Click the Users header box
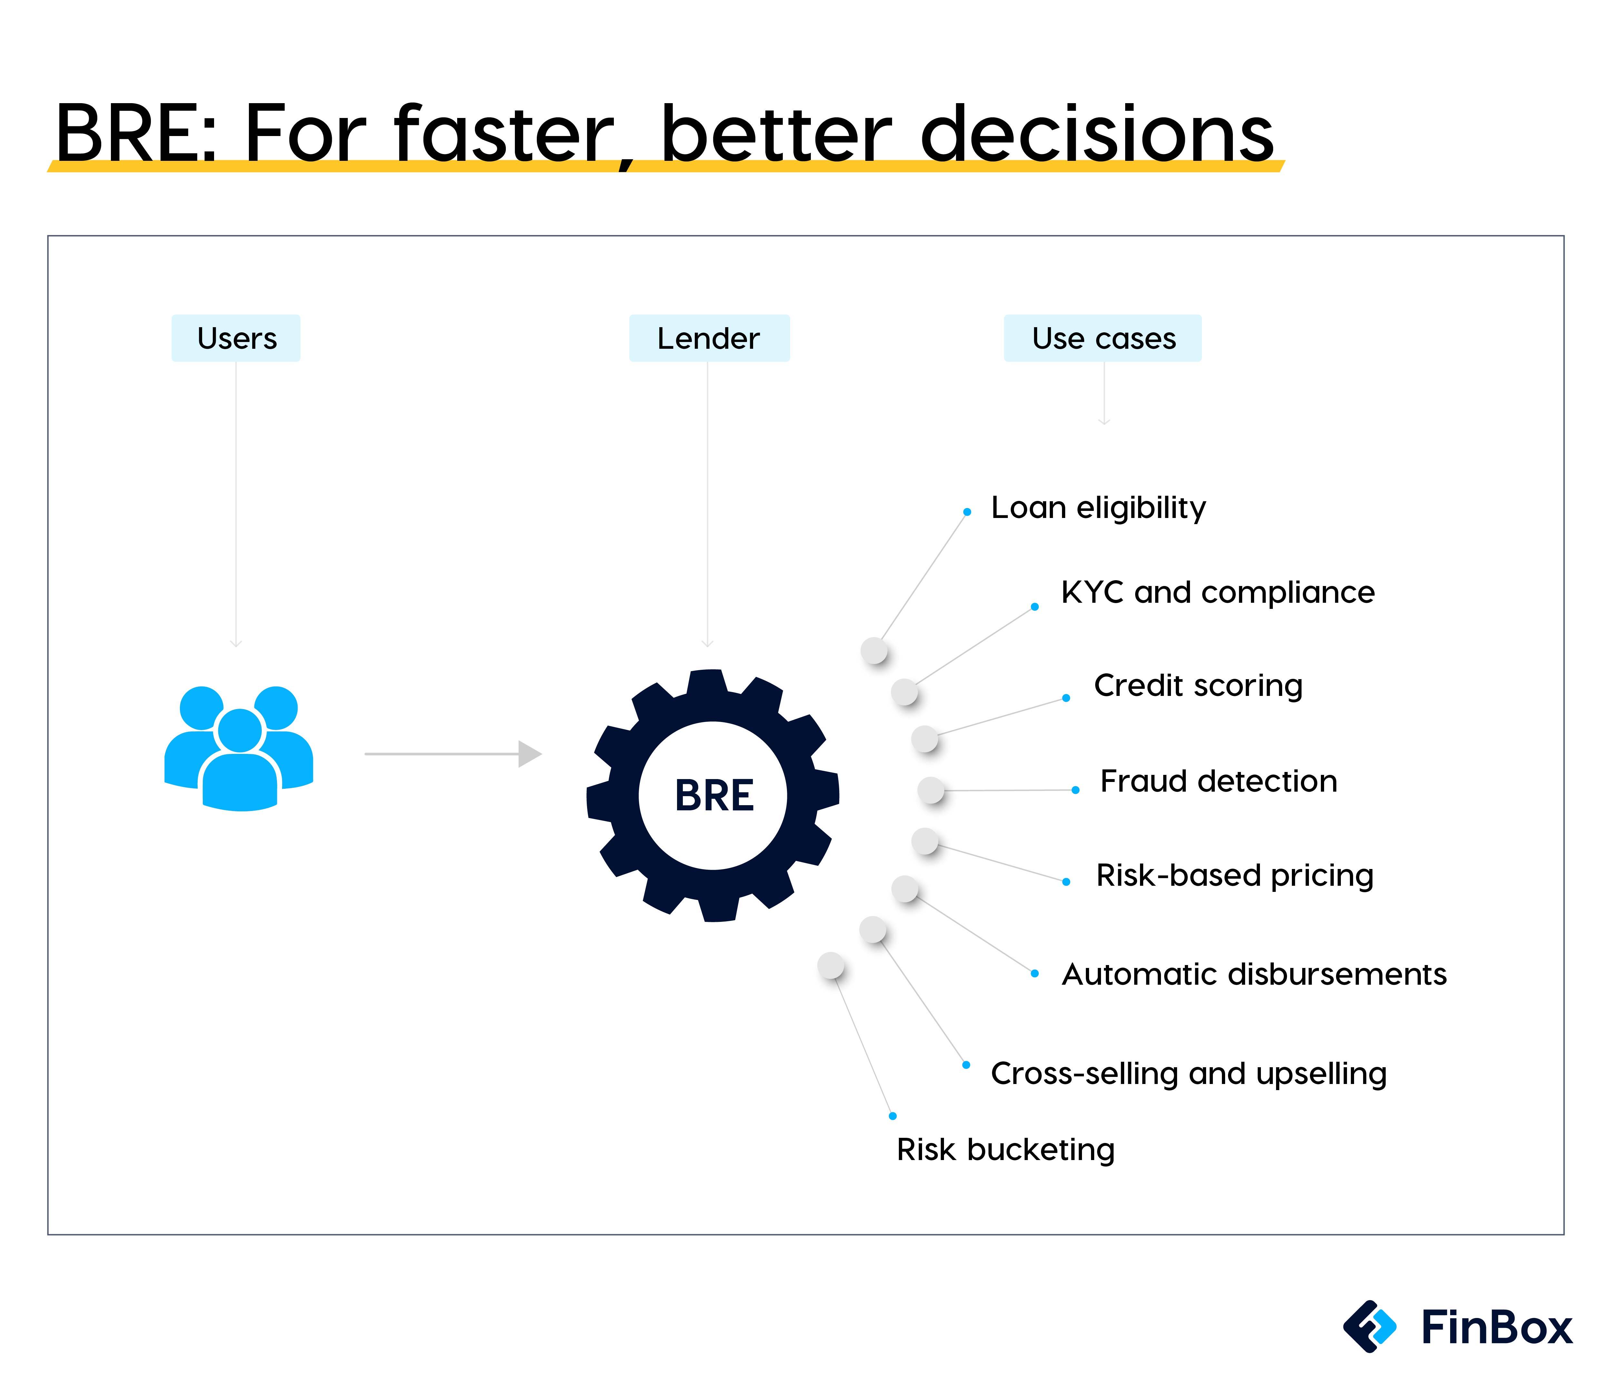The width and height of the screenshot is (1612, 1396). pos(236,338)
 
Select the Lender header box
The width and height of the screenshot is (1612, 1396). pos(709,338)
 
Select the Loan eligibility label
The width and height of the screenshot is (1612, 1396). pos(1098,508)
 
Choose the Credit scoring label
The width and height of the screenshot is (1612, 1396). pos(1197,686)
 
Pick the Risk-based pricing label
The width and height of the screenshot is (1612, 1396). pos(1234,876)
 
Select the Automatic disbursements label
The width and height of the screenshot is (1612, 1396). pos(1253,974)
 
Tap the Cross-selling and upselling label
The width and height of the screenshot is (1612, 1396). pos(1188,1073)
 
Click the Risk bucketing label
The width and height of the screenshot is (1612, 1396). pos(1005,1150)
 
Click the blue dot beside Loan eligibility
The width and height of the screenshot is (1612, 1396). pos(967,512)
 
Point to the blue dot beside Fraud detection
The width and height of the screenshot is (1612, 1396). pos(1075,790)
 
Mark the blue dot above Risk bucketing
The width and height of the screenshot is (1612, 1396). pos(893,1116)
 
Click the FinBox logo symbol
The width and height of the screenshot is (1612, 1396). pos(1370,1326)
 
